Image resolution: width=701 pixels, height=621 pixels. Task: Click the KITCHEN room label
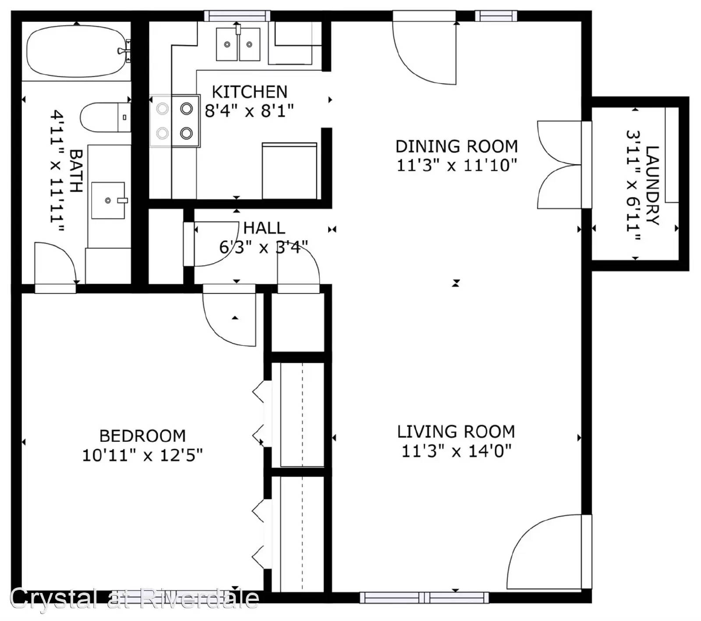click(249, 92)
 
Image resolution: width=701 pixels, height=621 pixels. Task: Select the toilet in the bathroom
click(105, 117)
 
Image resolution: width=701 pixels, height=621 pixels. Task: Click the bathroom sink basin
click(108, 200)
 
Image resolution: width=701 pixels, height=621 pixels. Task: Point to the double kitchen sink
click(238, 44)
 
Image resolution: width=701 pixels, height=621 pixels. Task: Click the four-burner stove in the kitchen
click(175, 121)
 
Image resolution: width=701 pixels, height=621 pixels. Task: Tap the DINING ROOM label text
click(457, 146)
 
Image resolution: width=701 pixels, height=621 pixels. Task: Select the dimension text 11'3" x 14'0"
click(457, 451)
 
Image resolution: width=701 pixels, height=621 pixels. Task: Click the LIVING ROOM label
click(456, 432)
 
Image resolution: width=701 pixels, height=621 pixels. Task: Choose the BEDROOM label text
click(142, 436)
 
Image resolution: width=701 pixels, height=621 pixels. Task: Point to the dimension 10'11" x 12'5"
click(142, 455)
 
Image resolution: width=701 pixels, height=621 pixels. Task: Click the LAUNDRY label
click(652, 185)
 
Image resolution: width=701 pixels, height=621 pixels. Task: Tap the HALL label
click(264, 228)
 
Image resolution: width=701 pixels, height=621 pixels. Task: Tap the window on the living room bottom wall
click(424, 597)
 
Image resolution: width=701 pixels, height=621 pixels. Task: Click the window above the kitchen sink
click(237, 16)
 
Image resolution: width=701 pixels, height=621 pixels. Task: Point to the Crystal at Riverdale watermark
click(134, 599)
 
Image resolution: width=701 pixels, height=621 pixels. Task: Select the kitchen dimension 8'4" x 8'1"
click(249, 111)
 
